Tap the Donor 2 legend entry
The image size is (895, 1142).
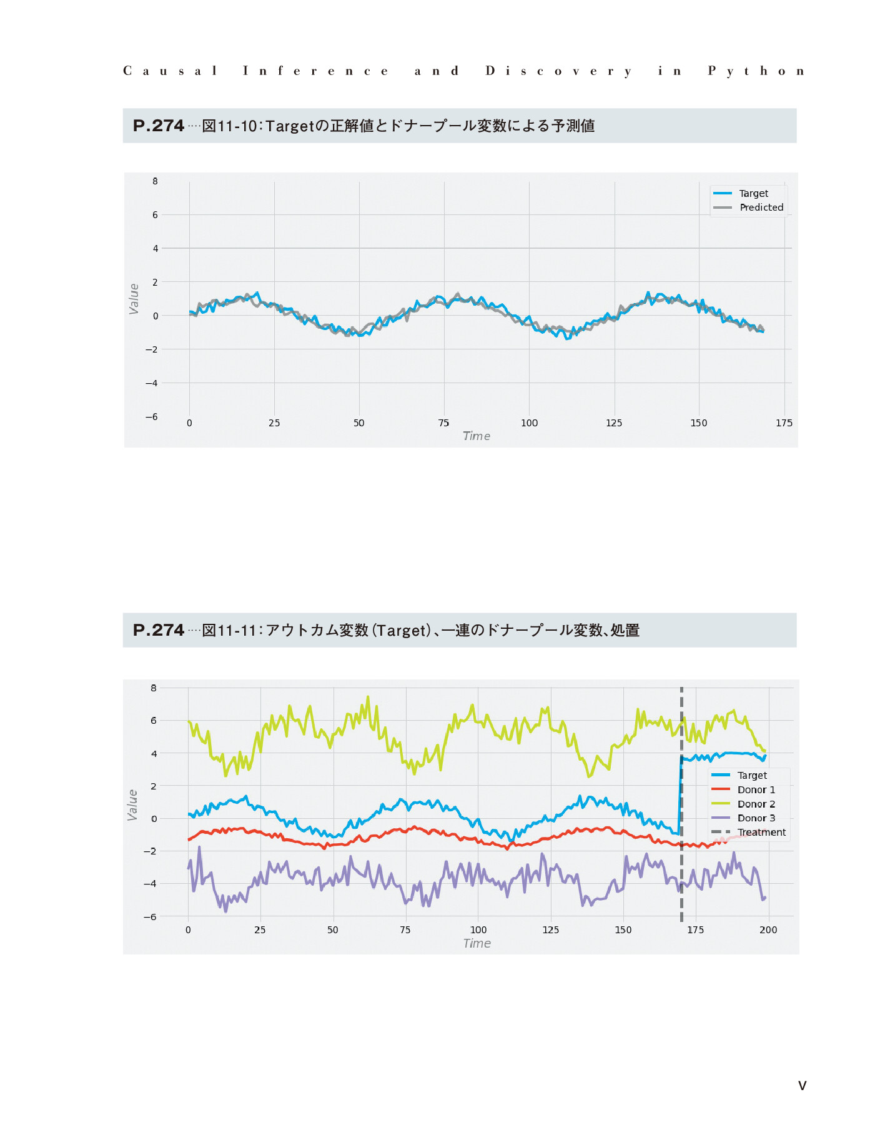coord(743,804)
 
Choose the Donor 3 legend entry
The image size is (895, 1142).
coord(743,818)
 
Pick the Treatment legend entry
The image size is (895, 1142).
coord(749,833)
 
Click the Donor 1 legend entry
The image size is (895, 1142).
coord(743,790)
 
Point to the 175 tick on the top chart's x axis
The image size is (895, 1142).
coord(784,423)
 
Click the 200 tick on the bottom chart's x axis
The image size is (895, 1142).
coord(768,930)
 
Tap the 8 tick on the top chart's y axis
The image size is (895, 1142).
coord(155,181)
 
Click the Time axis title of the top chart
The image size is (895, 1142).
coord(477,436)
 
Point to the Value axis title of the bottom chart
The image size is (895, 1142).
coord(132,805)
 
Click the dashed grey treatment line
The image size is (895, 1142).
coord(681,804)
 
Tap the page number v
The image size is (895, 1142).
coord(803,1086)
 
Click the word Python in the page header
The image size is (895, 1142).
coord(756,71)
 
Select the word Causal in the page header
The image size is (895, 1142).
coord(170,71)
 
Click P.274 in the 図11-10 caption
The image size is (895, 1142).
coord(159,126)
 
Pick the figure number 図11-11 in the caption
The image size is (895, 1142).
coord(229,630)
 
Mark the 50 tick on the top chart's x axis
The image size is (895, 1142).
coord(359,423)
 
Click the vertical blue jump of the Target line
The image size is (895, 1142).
coord(680,795)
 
